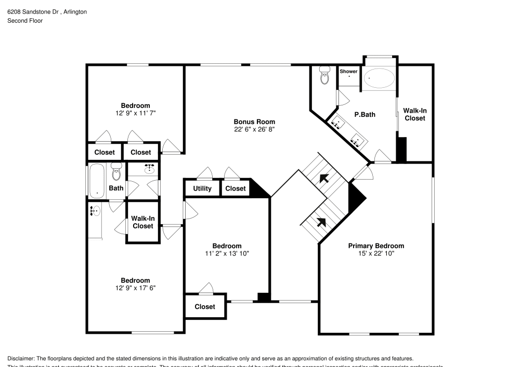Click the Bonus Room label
point(254,122)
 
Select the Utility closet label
point(202,188)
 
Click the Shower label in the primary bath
point(348,71)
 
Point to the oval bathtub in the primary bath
point(379,79)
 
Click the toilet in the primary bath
point(326,76)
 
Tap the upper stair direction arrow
point(324,179)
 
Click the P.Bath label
point(365,115)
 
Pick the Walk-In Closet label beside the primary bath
point(414,114)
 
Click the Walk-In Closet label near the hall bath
point(142,222)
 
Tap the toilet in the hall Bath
point(116,171)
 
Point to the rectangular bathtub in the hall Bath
point(97,181)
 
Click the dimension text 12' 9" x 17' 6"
point(135,288)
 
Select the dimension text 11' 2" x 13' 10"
point(227,253)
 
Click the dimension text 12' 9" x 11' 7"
point(135,113)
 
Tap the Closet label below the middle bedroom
point(205,307)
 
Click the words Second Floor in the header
point(25,21)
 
